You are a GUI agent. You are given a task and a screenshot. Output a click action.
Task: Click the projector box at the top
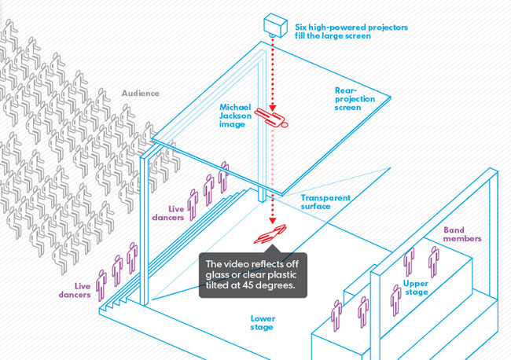click(277, 24)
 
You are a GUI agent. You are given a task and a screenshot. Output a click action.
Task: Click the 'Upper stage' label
click(416, 287)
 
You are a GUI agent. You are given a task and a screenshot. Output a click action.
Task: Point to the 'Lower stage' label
click(263, 322)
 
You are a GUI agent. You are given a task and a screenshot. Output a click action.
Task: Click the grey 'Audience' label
click(141, 93)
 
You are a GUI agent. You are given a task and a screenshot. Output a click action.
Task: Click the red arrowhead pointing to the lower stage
click(273, 220)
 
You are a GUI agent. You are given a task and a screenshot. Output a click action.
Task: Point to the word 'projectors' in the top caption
click(381, 26)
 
